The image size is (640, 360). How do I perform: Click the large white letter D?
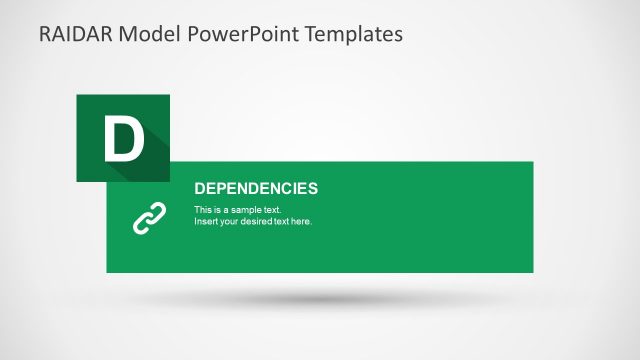(123, 139)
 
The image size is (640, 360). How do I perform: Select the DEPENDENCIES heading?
(255, 188)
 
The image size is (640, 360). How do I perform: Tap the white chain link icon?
(148, 218)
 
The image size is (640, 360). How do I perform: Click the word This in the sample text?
(203, 210)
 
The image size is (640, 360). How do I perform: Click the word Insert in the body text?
(206, 221)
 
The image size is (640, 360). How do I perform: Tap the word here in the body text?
(302, 221)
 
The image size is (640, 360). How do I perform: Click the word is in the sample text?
(219, 210)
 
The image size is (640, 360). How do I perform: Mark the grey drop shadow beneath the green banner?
(320, 298)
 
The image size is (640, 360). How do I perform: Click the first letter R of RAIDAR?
(46, 34)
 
